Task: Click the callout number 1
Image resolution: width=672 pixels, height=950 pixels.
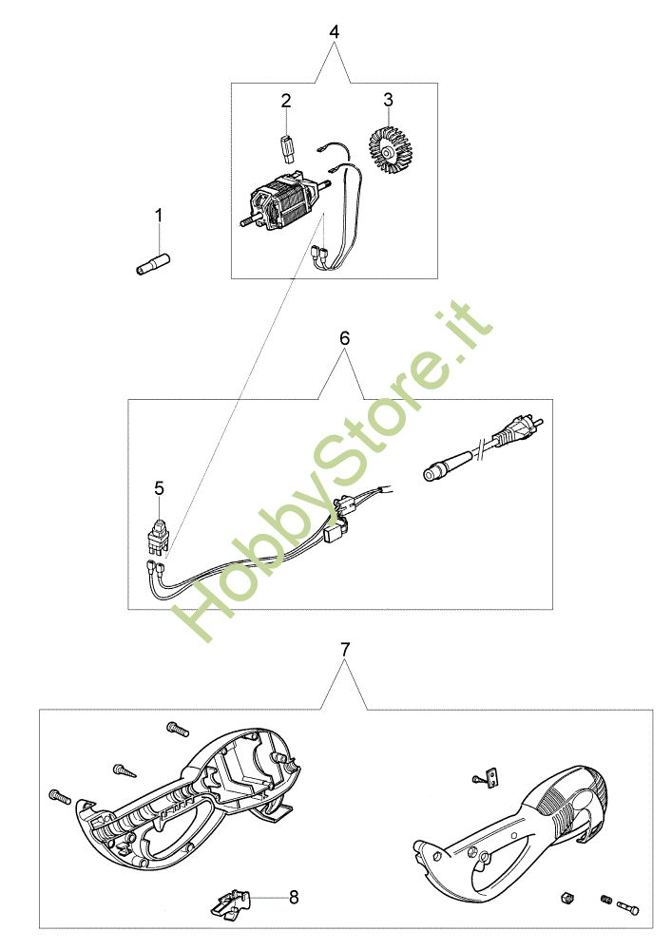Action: point(159,216)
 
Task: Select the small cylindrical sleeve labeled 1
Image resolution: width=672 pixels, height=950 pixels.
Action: point(153,265)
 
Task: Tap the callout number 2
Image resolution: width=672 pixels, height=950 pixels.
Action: point(286,101)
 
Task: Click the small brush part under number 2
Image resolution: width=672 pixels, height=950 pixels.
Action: point(287,147)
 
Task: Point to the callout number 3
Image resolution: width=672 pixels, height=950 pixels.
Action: point(388,100)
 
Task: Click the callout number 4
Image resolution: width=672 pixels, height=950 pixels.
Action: point(335,31)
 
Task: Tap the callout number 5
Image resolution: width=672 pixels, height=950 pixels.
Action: point(159,488)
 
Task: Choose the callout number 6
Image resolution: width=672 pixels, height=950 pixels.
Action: point(344,338)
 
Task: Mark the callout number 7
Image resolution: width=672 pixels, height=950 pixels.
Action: point(345,650)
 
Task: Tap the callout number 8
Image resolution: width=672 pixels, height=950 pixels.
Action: point(294,897)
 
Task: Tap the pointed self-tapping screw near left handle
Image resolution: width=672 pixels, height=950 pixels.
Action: point(125,770)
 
